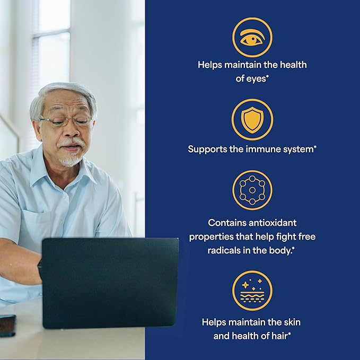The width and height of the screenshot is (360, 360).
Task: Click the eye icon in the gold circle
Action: click(x=252, y=38)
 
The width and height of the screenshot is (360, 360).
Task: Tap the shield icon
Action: click(x=252, y=120)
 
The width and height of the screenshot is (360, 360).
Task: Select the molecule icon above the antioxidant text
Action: click(x=252, y=190)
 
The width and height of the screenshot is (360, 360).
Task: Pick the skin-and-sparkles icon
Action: click(x=252, y=291)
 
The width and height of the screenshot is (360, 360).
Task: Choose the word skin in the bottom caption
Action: click(x=292, y=322)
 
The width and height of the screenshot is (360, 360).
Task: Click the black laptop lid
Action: click(x=110, y=283)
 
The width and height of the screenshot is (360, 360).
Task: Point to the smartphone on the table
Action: click(x=7, y=326)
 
